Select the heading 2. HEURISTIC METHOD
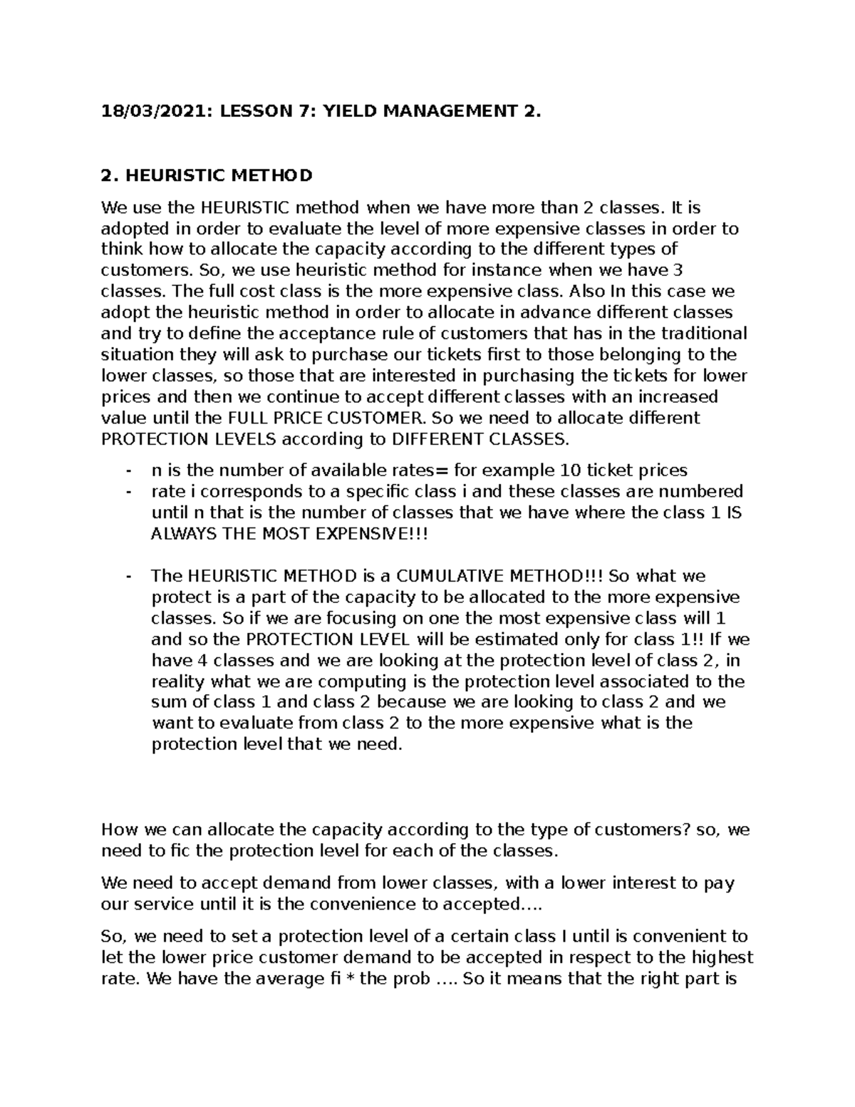[207, 175]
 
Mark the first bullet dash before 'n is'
[128, 470]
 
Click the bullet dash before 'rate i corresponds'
[128, 492]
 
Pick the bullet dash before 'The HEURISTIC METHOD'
[128, 576]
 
